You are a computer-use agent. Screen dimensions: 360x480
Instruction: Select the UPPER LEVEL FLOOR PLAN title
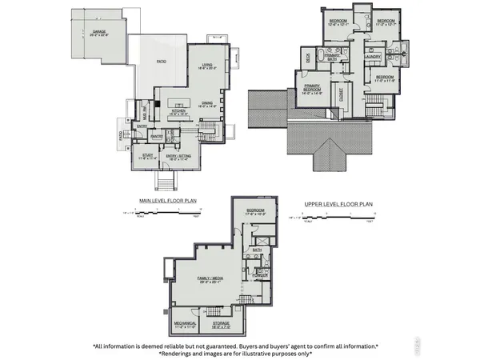[x=338, y=204]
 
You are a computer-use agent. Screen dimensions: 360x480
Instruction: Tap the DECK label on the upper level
[x=307, y=57]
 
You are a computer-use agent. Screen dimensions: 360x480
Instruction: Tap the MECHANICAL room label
[x=185, y=326]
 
